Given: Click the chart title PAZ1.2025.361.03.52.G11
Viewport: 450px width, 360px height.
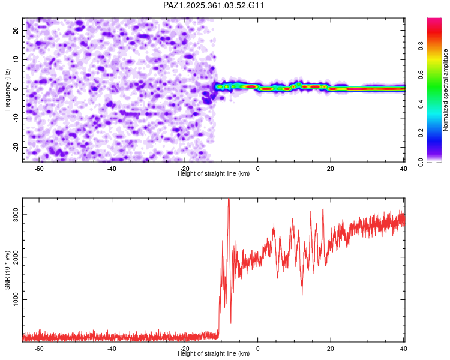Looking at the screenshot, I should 214,5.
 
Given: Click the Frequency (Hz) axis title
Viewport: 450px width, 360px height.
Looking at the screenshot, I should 8,89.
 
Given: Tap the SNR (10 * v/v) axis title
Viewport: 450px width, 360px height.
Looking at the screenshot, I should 8,269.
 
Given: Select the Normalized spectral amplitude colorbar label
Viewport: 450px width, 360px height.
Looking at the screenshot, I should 446,90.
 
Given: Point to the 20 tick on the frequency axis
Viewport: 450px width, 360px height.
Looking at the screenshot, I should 16,30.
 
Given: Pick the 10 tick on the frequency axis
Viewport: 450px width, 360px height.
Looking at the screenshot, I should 16,59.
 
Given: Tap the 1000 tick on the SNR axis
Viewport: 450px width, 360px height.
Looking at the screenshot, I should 14,300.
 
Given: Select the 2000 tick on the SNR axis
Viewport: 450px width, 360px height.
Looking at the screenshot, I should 14,257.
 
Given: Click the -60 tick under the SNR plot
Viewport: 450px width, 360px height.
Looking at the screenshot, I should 39,349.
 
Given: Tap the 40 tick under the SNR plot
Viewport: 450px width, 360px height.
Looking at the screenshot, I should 403,349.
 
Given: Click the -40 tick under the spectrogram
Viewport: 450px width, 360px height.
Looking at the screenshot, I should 112,169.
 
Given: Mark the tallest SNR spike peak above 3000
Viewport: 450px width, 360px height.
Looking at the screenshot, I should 229,199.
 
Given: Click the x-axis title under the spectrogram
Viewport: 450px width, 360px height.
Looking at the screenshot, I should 214,174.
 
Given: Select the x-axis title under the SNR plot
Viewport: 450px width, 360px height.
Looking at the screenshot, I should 214,354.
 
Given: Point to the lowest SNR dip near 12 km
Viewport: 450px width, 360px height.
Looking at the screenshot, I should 302,294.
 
